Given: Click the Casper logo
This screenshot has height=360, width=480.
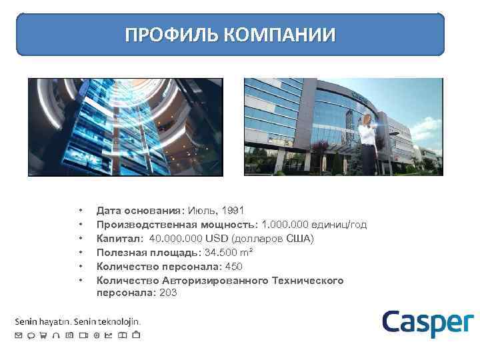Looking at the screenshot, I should click(427, 323).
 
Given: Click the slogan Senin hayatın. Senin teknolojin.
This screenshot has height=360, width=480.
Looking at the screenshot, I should click(77, 321).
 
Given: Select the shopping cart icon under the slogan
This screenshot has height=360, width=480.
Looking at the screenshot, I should click(44, 335).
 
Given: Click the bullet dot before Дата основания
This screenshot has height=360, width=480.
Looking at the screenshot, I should click(81, 209).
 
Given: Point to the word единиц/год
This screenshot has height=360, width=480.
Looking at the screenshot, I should click(341, 224).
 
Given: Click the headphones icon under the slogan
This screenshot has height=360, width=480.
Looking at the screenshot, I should click(57, 335).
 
